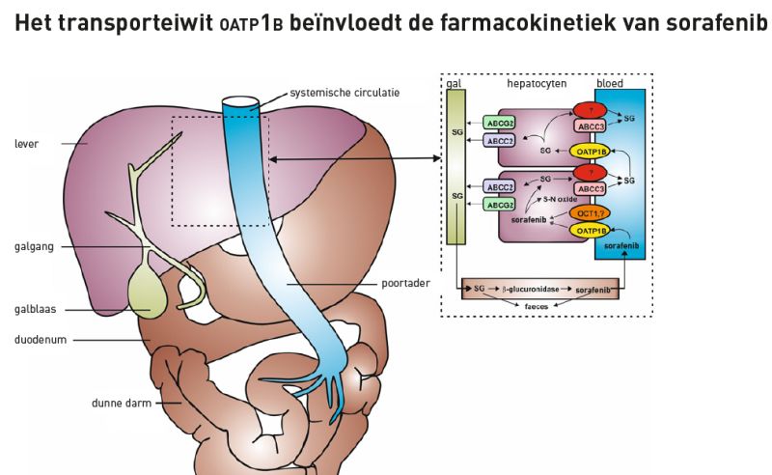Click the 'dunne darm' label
coord(116,403)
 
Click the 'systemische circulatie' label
coord(345,94)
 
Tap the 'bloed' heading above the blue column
coord(613,85)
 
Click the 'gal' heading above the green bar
coord(452,85)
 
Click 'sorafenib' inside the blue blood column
coord(618,248)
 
